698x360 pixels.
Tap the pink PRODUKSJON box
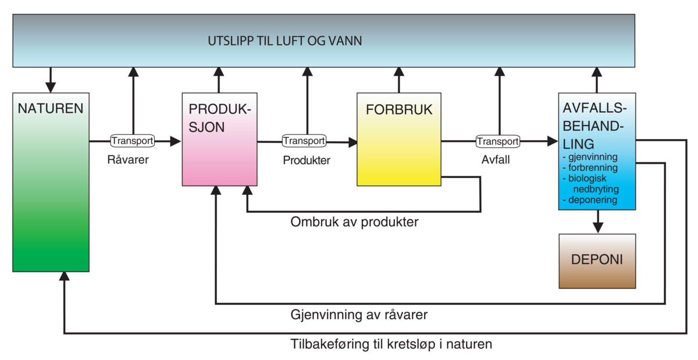[x=219, y=140]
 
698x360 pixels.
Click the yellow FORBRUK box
[x=399, y=140]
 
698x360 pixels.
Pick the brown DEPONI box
[x=597, y=261]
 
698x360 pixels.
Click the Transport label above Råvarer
[x=133, y=141]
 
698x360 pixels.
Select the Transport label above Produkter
[x=304, y=141]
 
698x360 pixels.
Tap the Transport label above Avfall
[x=497, y=141]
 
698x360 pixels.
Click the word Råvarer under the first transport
[x=128, y=160]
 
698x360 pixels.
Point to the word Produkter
[x=307, y=161]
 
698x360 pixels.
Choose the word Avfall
[x=496, y=160]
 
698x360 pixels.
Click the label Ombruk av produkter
[x=354, y=222]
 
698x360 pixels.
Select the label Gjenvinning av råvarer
[x=359, y=315]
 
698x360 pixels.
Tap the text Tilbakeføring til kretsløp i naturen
[x=391, y=344]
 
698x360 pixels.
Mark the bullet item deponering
[x=592, y=200]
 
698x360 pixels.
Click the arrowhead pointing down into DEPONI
[x=597, y=227]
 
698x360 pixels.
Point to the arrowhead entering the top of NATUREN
[x=51, y=87]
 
